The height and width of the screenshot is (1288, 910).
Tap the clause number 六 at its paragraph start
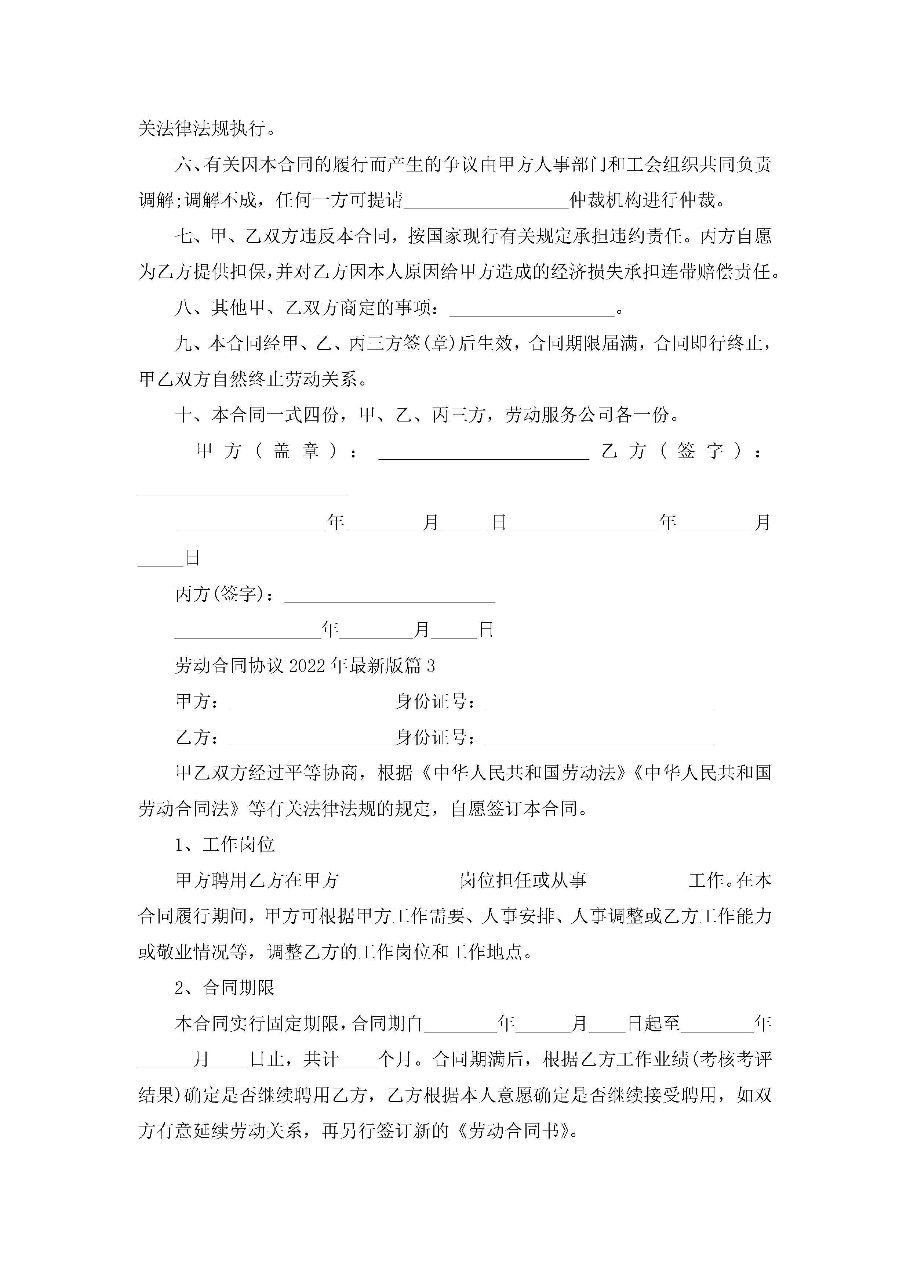[184, 165]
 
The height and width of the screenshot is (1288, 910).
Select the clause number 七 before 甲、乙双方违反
[184, 236]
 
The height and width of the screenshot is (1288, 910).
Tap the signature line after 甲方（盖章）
[483, 452]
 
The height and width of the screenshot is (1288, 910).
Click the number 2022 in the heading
[307, 666]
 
